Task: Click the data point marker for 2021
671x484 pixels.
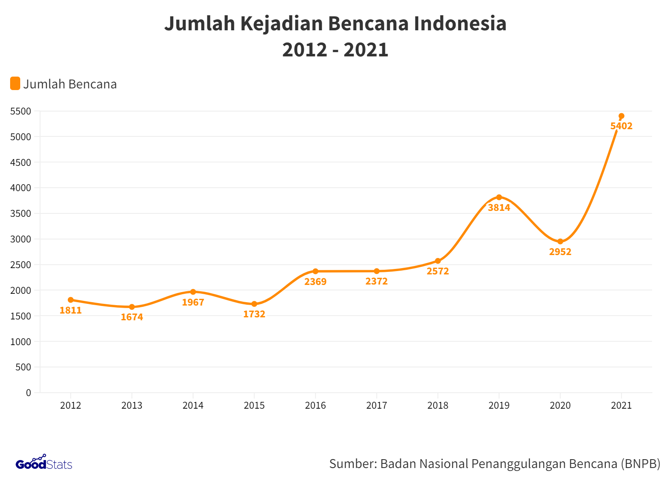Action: pos(621,116)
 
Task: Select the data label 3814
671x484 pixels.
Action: pos(499,207)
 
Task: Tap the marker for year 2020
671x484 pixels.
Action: pos(560,242)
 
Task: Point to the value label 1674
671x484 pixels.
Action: pos(132,317)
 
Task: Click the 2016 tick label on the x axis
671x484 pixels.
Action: pos(315,405)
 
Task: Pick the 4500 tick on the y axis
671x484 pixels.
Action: pos(21,162)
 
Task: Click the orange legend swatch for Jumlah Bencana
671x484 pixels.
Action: pos(15,83)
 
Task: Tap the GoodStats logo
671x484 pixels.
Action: pos(44,463)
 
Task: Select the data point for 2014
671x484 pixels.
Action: pos(193,292)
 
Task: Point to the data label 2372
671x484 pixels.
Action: pos(376,281)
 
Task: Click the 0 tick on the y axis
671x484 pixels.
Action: pos(29,393)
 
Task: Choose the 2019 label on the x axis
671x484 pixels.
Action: pos(499,405)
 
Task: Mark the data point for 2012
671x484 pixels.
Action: pos(71,300)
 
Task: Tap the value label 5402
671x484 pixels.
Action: pos(621,126)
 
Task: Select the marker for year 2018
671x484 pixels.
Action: pos(438,261)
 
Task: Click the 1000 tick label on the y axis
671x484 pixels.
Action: pos(21,342)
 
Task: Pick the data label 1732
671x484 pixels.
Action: pos(254,314)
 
